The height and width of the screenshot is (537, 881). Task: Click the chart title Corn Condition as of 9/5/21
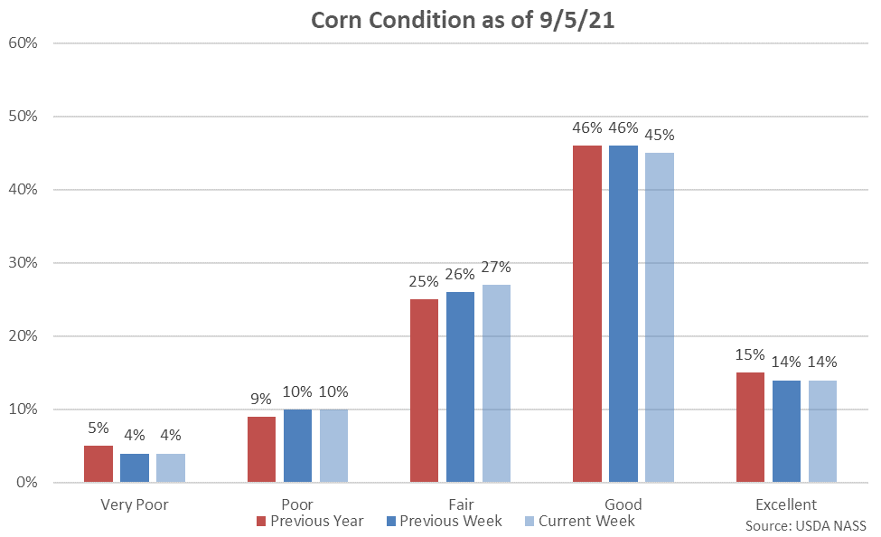click(463, 21)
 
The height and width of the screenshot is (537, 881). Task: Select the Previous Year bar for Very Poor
click(98, 464)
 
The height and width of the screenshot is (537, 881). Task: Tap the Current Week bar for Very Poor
click(171, 467)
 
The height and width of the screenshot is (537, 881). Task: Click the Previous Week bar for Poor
click(297, 446)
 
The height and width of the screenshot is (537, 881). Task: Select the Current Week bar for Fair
click(496, 383)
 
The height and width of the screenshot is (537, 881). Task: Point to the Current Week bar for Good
click(660, 317)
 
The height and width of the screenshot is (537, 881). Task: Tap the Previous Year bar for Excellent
click(750, 427)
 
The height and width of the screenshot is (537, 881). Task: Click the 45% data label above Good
click(660, 136)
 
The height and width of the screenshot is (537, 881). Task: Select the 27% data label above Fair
click(496, 268)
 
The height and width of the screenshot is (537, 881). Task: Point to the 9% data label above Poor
click(261, 399)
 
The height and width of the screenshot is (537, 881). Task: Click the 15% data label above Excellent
click(750, 355)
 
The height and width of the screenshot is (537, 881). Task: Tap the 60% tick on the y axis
click(23, 42)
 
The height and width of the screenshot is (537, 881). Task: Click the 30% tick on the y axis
click(23, 262)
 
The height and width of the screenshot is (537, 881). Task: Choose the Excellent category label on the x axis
click(785, 504)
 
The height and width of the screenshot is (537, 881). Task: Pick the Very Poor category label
click(134, 504)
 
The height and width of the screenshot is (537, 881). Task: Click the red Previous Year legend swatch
click(261, 522)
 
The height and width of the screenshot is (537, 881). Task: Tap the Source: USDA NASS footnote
click(806, 525)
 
